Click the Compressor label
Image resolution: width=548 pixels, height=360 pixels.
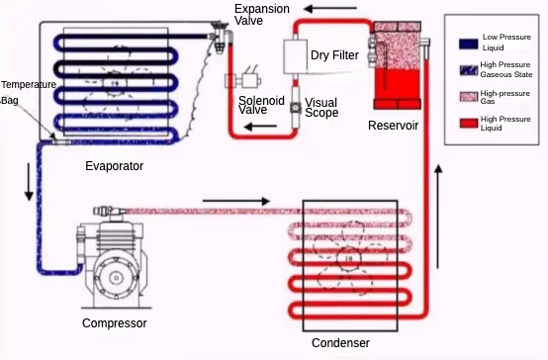115,323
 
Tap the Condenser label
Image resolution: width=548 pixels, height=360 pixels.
340,343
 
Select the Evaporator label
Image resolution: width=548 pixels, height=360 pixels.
115,165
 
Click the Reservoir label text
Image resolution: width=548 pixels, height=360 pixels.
394,125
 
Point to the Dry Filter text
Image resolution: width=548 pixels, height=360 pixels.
334,55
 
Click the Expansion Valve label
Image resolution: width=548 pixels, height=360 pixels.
262,15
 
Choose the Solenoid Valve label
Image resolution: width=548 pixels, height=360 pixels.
262,105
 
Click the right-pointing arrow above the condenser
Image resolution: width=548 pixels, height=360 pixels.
235,201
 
